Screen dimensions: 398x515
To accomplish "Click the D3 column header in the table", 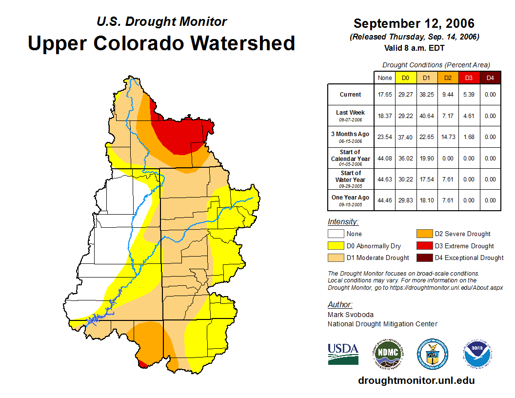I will click(469, 78).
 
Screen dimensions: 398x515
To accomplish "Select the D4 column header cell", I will click(490, 78).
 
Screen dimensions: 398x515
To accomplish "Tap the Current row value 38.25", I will click(426, 95).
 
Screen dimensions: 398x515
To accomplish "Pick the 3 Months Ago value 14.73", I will click(448, 137).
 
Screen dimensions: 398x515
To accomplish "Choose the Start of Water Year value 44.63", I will click(385, 179).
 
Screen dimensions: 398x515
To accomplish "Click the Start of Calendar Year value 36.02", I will click(405, 159).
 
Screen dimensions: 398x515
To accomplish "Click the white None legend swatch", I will click(336, 234).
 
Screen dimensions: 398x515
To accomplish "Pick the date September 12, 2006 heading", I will click(414, 23).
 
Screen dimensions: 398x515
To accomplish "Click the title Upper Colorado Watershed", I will click(161, 43).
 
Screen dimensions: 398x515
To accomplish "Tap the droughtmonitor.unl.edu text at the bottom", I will click(416, 380).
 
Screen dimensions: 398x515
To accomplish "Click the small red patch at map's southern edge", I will click(143, 363).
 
